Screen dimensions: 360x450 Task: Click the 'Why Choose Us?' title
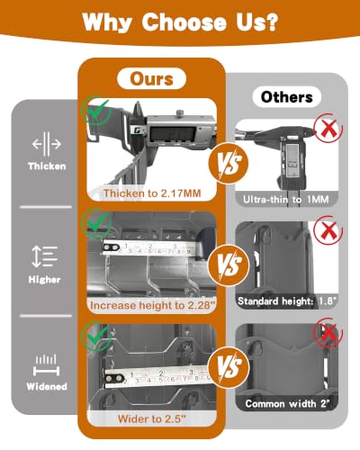(180, 22)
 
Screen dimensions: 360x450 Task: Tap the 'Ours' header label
(151, 79)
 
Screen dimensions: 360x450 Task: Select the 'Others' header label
(287, 97)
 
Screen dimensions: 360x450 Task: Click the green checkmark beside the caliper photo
(98, 111)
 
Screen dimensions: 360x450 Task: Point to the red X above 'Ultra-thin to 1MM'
(328, 128)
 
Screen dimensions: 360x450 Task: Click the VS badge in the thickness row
(229, 163)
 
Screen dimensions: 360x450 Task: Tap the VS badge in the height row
(229, 265)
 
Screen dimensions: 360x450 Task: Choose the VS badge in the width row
(229, 367)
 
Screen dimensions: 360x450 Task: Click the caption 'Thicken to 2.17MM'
(152, 193)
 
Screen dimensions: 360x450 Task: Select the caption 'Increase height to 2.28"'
(153, 305)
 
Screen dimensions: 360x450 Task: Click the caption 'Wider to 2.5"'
(152, 418)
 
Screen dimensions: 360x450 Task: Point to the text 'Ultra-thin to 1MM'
(286, 199)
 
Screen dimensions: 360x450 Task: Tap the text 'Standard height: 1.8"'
(287, 301)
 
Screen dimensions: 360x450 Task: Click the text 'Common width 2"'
(287, 404)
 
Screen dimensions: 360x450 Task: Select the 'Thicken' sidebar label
(47, 166)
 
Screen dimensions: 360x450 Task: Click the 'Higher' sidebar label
(44, 280)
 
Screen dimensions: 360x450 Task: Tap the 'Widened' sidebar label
(47, 386)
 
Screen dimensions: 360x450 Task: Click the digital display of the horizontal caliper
(173, 133)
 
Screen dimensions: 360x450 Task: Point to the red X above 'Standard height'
(328, 230)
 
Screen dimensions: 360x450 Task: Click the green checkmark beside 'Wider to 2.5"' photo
(97, 336)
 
